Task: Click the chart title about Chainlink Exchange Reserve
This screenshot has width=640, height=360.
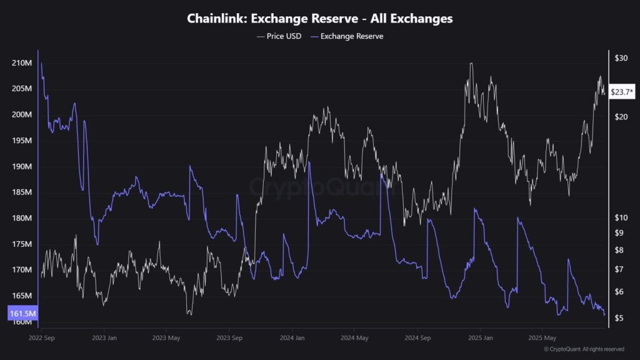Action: click(x=320, y=19)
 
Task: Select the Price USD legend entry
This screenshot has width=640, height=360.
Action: click(x=279, y=36)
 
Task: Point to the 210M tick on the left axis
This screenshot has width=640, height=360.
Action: click(x=22, y=63)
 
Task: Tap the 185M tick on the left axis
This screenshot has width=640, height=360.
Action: click(x=22, y=192)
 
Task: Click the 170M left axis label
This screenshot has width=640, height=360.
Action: click(x=22, y=270)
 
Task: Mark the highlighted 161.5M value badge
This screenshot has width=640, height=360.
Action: click(x=22, y=312)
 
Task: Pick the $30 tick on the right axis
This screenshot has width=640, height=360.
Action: click(x=621, y=58)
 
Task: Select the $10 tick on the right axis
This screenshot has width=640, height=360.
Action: click(x=621, y=217)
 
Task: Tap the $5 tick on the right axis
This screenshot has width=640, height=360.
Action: click(x=619, y=318)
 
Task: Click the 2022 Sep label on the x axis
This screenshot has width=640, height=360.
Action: click(x=42, y=338)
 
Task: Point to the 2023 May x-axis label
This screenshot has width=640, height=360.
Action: click(x=166, y=338)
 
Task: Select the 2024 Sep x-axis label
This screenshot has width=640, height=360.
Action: click(x=417, y=338)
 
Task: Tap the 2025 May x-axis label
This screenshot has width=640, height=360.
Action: click(x=541, y=338)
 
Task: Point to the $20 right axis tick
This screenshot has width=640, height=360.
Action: click(x=621, y=117)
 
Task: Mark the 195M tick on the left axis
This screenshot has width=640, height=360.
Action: click(x=22, y=141)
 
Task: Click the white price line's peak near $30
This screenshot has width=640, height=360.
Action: click(x=471, y=63)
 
